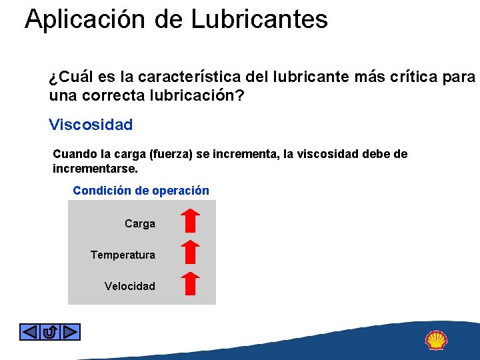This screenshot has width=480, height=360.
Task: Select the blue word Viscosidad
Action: (x=91, y=125)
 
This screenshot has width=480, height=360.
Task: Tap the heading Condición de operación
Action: (x=141, y=191)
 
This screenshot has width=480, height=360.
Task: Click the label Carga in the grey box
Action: (x=140, y=224)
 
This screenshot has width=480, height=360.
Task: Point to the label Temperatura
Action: (x=123, y=255)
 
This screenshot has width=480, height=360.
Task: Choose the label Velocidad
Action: (x=129, y=287)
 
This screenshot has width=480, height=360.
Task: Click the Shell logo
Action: (x=436, y=341)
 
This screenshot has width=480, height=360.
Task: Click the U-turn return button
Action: (x=50, y=331)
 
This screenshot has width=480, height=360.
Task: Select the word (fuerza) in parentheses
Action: (x=170, y=154)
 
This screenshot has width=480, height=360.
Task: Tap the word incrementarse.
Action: (x=95, y=169)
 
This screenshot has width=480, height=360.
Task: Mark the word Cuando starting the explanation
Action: (x=74, y=154)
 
